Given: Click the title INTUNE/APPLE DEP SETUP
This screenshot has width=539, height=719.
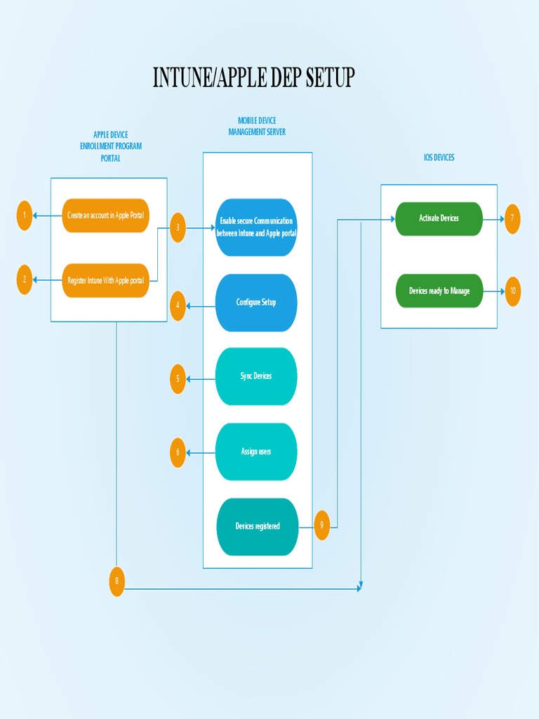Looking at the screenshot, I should pos(253,77).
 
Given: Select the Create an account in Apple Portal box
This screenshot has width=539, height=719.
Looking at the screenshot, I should pos(106,216).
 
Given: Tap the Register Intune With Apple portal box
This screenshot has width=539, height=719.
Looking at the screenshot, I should pos(106,280).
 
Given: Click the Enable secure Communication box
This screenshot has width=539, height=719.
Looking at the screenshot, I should pos(256,227).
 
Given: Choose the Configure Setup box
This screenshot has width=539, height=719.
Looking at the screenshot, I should pos(256,303).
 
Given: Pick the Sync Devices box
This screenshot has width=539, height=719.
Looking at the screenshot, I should pos(256,376).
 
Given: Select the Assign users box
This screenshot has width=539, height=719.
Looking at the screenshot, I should pos(256,451).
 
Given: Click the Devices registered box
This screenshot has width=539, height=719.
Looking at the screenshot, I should pos(258,527).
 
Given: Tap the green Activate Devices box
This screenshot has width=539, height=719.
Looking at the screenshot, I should pos(439,218).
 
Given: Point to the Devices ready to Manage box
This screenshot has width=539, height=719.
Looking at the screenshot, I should pos(439,291).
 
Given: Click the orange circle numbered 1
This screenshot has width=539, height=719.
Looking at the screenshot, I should pos(25,216).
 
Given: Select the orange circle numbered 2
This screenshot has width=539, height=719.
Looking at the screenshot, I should pos(25,279).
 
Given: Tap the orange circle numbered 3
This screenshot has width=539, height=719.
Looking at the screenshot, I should pos(178,227).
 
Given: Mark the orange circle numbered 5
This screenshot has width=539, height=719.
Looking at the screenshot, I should pos(178,379).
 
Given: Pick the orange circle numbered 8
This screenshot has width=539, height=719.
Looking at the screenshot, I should pos(117,581).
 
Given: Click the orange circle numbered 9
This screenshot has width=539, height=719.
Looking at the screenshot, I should pos(322,525).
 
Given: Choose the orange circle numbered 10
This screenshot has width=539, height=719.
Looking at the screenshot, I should pos(513,291).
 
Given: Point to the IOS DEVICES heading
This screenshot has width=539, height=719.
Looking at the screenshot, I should pos(439,158).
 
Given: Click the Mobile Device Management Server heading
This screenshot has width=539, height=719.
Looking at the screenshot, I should pos(257,126).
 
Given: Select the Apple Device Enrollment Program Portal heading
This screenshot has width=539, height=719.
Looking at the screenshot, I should pos(111,146).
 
